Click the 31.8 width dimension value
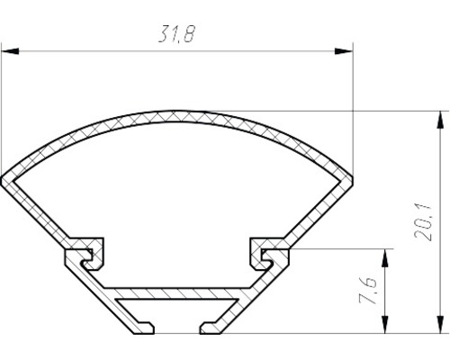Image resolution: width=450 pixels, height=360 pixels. [x=177, y=35]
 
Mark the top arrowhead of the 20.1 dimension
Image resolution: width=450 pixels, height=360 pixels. [x=441, y=117]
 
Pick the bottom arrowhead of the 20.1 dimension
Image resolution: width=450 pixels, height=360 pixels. [x=441, y=326]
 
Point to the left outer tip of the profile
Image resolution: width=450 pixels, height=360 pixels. [x=4, y=178]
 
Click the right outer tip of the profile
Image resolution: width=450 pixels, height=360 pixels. [x=351, y=178]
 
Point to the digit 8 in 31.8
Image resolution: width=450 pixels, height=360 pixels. [x=192, y=35]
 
